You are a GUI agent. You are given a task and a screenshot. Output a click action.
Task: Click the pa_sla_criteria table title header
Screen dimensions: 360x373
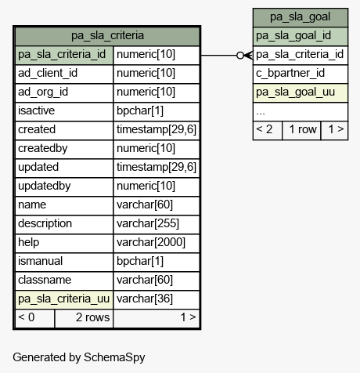click(x=107, y=36)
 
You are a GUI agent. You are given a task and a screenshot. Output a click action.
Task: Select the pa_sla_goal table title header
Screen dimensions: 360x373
click(x=301, y=17)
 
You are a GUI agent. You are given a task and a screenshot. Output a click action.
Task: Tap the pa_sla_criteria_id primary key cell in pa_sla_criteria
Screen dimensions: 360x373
click(x=64, y=55)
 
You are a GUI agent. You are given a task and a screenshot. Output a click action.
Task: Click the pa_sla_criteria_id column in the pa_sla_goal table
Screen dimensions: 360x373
click(x=301, y=55)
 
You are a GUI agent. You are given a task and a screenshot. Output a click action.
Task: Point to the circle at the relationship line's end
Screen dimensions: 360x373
click(x=240, y=56)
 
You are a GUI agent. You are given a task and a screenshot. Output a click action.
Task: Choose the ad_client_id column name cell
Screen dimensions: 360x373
click(x=64, y=74)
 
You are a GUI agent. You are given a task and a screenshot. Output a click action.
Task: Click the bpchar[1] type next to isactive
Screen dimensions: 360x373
click(x=157, y=111)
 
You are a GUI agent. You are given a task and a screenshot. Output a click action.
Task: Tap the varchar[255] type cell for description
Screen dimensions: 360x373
click(x=157, y=224)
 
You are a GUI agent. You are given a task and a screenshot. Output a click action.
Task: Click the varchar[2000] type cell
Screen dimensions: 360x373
click(x=157, y=243)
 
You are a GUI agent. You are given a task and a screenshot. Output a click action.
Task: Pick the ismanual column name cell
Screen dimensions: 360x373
click(x=64, y=262)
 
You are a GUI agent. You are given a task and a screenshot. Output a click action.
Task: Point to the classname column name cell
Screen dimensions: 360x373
click(x=64, y=281)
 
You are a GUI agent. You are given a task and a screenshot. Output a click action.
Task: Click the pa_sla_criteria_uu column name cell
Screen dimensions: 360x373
click(x=64, y=299)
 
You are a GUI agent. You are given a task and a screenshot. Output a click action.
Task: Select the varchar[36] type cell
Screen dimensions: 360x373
click(x=157, y=299)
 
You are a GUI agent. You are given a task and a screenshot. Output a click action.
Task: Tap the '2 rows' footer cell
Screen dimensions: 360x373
click(x=84, y=318)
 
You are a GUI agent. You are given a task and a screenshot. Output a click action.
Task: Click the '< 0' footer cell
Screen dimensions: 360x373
click(x=35, y=318)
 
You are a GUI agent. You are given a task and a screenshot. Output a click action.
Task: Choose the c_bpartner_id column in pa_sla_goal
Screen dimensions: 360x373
click(x=301, y=74)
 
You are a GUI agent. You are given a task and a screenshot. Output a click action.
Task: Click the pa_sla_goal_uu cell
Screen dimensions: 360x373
click(x=301, y=92)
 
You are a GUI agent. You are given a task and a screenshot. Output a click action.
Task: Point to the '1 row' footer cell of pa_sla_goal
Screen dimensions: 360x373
click(x=301, y=130)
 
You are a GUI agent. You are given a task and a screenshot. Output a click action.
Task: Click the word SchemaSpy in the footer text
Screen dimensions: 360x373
click(x=114, y=357)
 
